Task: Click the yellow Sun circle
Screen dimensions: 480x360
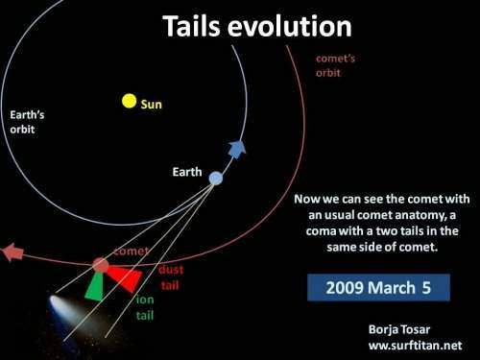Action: (x=130, y=101)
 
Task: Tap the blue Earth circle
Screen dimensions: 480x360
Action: (x=216, y=179)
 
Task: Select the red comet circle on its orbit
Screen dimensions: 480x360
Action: (x=101, y=265)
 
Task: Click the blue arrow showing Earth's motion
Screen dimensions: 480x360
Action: (x=237, y=149)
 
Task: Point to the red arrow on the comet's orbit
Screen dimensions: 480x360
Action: (x=12, y=252)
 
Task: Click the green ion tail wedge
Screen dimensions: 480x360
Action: (x=95, y=287)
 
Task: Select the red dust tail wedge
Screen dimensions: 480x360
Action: (x=125, y=277)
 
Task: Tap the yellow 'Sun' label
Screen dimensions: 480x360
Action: (x=152, y=105)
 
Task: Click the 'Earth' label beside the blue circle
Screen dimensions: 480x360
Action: (x=187, y=172)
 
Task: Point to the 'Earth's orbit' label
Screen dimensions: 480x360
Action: (x=27, y=122)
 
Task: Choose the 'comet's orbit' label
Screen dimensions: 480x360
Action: (x=335, y=65)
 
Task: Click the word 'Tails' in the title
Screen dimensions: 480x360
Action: (x=191, y=26)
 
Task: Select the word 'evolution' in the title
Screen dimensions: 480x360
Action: (x=290, y=26)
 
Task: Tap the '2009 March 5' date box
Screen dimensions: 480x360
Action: (x=378, y=287)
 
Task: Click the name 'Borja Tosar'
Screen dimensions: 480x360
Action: (x=399, y=329)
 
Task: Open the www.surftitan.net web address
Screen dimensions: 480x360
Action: (x=415, y=346)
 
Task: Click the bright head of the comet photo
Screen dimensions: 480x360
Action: (x=57, y=303)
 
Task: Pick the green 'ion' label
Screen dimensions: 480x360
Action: (x=145, y=300)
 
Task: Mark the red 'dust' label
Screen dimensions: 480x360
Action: (x=171, y=270)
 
